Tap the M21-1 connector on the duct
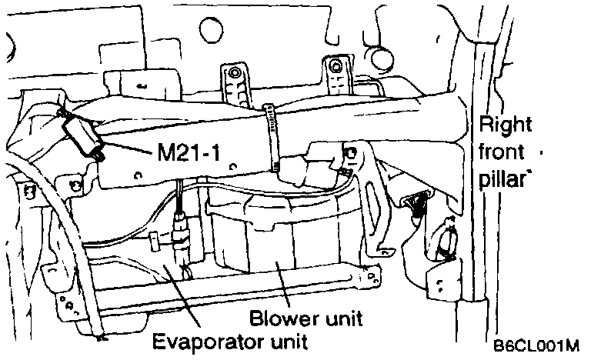(x=82, y=138)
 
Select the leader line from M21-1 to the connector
(x=127, y=147)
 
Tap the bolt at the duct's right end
(x=350, y=153)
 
